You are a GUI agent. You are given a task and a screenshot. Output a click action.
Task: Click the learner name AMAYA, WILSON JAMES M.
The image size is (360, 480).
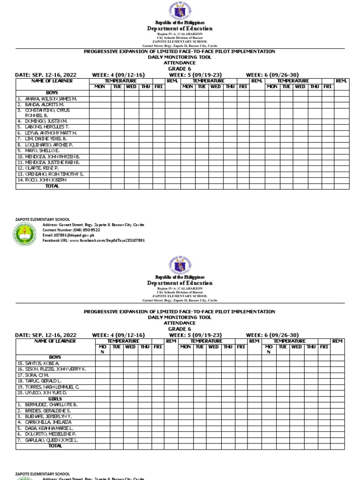47,99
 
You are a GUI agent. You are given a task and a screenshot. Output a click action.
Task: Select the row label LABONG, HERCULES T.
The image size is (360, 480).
43,127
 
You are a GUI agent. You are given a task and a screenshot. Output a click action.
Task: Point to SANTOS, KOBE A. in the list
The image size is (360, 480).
38,363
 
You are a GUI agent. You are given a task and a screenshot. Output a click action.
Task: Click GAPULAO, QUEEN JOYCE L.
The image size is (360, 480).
48,441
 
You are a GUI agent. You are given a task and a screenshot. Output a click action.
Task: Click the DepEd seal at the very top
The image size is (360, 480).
180,11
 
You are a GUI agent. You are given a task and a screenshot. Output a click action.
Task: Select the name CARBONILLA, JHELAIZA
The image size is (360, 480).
45,422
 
